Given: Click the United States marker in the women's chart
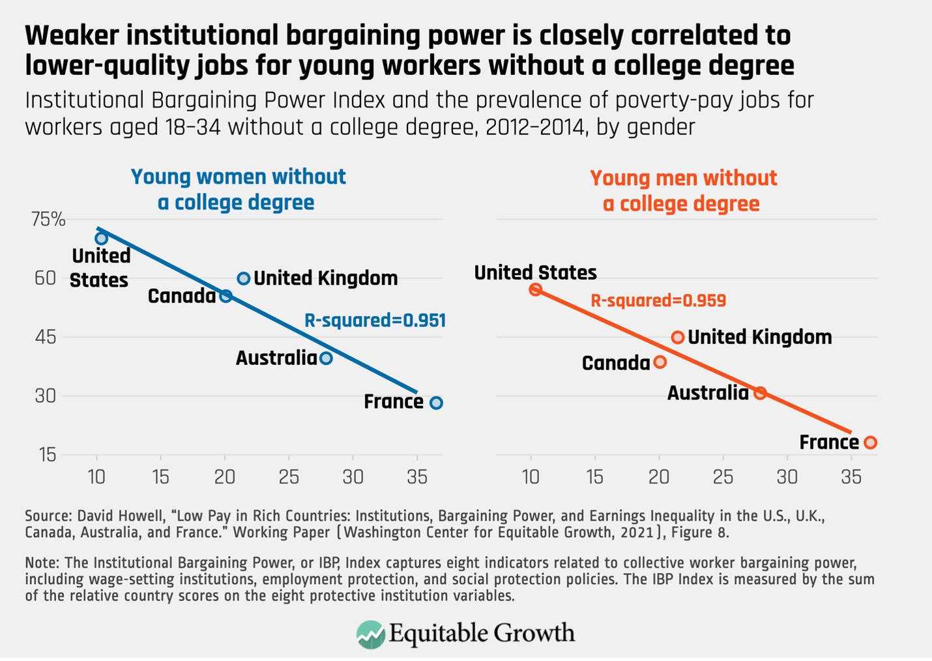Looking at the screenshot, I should (x=101, y=239).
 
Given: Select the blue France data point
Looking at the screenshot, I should (x=436, y=403).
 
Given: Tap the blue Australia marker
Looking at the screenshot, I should (x=326, y=358).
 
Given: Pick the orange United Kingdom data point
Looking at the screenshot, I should (x=678, y=337).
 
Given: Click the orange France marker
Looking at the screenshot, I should (x=870, y=443).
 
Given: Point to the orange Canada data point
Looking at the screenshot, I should (x=660, y=362).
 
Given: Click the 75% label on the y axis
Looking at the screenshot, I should (x=48, y=220).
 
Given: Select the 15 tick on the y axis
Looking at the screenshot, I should (x=47, y=455).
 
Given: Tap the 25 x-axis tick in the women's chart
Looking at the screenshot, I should (x=289, y=477).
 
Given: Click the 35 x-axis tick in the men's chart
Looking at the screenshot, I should (x=851, y=477).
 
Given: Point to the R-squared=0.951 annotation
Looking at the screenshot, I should (x=375, y=321).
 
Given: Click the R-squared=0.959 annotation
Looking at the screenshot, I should (x=658, y=301).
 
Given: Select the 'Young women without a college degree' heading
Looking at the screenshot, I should (x=237, y=189).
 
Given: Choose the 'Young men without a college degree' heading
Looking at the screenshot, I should (x=682, y=190).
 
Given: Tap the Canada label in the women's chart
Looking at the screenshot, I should (x=181, y=296).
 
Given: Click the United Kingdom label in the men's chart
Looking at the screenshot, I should (x=759, y=337).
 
